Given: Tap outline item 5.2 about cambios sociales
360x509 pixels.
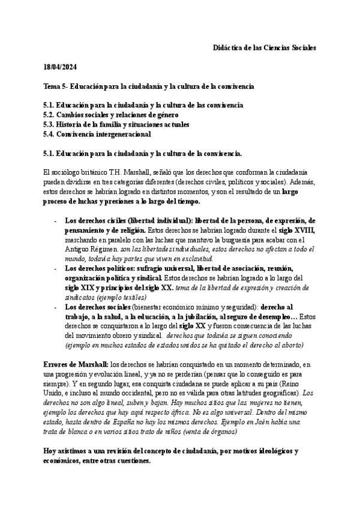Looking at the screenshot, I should coord(111,115).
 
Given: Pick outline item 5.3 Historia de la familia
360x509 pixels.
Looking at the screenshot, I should coord(116,124).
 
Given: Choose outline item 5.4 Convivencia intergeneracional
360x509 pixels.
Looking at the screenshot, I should coord(97,134).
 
